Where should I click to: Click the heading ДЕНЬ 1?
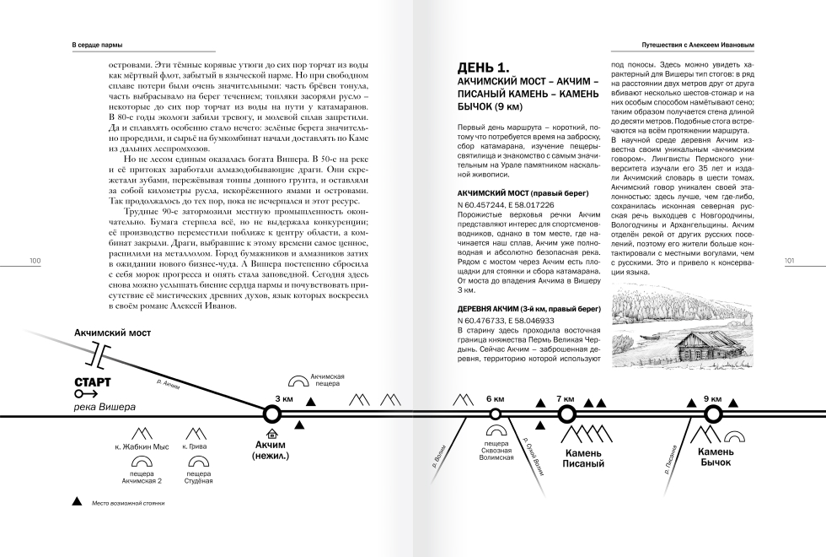[483, 68]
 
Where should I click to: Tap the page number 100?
[35, 262]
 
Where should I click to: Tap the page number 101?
[790, 262]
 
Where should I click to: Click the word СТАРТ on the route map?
[92, 382]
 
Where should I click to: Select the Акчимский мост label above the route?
[112, 333]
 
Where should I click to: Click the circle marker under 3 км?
[271, 414]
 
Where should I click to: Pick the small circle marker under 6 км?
[495, 414]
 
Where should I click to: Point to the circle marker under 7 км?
[566, 414]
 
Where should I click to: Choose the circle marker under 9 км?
[713, 414]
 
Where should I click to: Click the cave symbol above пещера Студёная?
[198, 462]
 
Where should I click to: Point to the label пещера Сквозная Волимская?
[495, 450]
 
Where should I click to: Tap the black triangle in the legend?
[78, 501]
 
